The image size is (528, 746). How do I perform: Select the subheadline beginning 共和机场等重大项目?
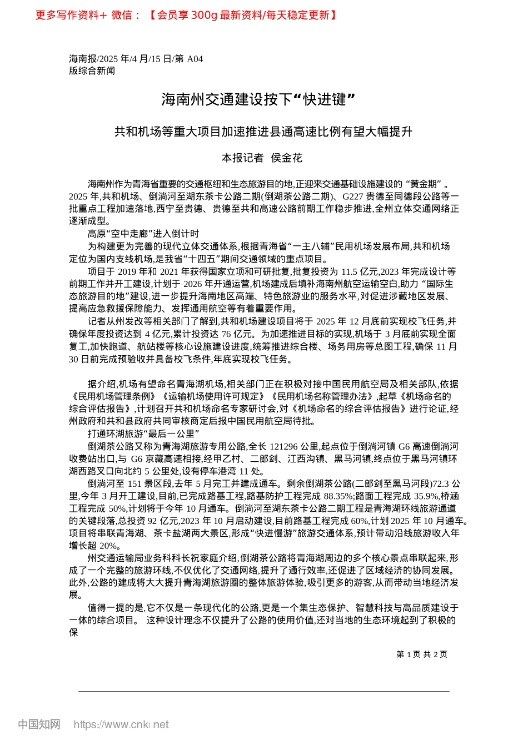coord(263,132)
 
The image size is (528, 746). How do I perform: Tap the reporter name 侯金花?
coord(286,158)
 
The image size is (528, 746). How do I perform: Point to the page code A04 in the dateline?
coord(195,59)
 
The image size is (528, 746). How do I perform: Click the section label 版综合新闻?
coord(92,70)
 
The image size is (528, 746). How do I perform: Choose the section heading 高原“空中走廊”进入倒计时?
coord(143,234)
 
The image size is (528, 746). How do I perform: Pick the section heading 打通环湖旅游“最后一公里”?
coord(143,434)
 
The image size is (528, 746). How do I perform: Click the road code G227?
coord(353,196)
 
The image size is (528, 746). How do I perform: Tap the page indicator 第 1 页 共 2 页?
coord(421,654)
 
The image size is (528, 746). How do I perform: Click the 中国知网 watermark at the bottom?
coord(39,724)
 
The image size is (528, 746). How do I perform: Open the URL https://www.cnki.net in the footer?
coord(121,724)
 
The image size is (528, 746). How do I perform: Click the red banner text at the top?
coord(186,15)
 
